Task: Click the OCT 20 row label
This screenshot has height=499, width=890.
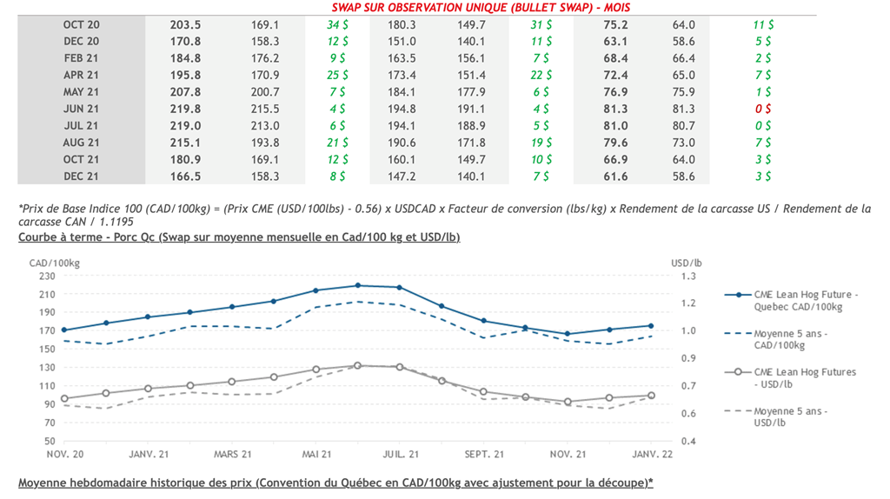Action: coord(81,25)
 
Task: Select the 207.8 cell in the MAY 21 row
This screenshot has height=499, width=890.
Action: coord(185,91)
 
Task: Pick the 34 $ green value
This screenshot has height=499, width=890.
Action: coord(338,25)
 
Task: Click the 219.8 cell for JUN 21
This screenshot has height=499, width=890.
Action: coord(185,109)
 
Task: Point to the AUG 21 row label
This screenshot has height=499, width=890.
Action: coord(81,143)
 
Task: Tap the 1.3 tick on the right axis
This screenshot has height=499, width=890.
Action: coord(689,276)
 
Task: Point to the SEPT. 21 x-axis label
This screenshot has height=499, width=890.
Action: coord(484,455)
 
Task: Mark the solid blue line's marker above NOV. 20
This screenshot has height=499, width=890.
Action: coord(63,330)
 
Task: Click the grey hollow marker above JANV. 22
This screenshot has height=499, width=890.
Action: coord(652,396)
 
